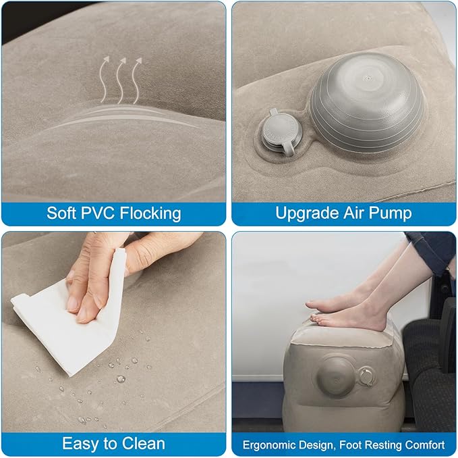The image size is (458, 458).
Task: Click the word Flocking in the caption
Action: tap(150, 213)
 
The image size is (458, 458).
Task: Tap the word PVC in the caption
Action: tap(100, 213)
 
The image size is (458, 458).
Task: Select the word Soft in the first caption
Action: tap(63, 213)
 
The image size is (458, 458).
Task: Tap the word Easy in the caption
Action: tap(80, 444)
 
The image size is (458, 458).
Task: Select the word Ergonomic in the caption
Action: tap(269, 445)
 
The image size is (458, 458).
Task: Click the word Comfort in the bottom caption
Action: tap(422, 445)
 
